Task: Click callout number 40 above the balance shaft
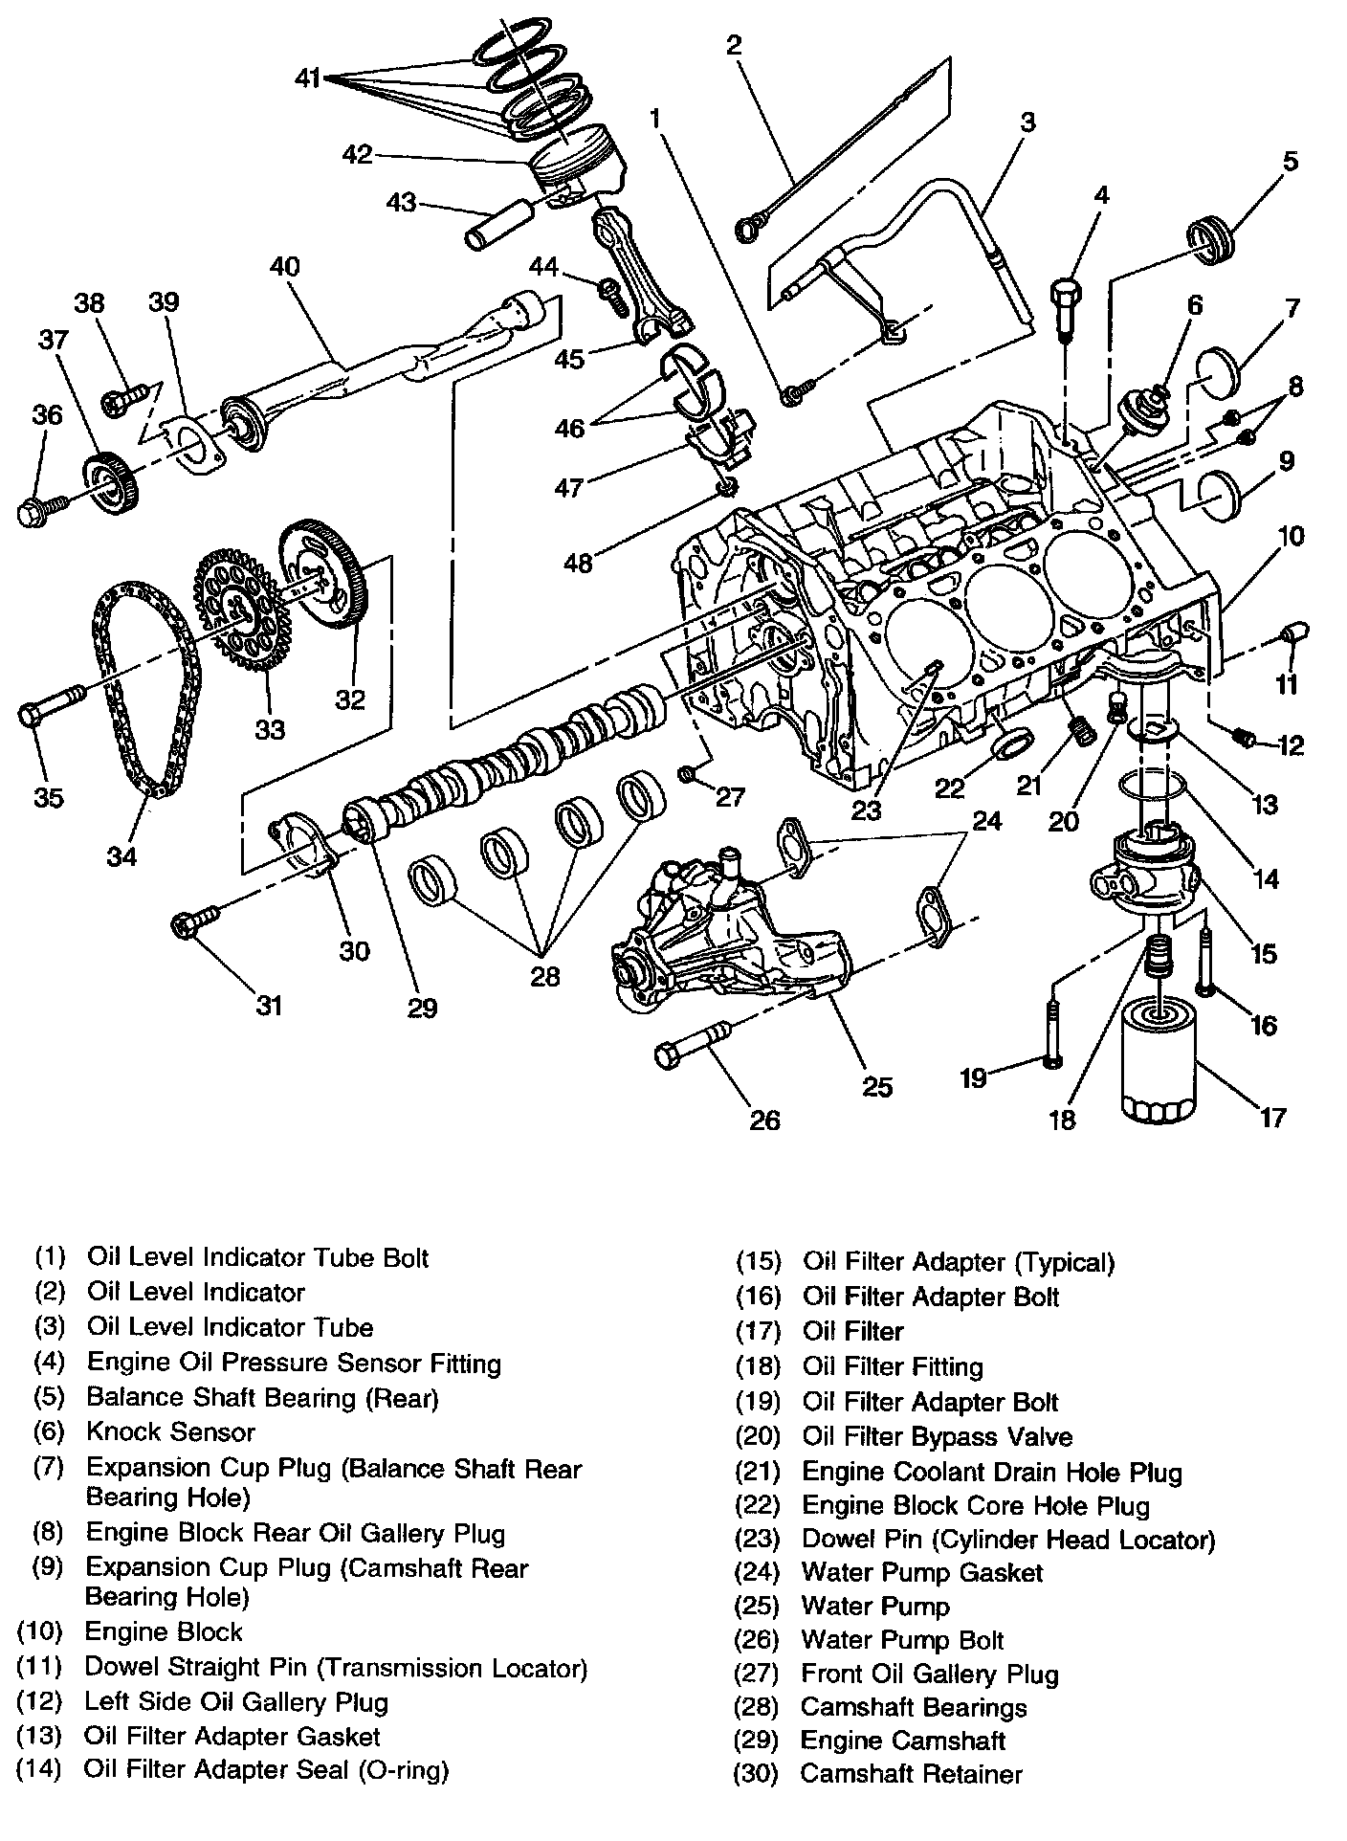pos(284,266)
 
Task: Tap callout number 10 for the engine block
pos(1291,535)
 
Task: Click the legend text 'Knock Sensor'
pos(170,1432)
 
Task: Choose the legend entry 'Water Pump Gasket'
pos(921,1572)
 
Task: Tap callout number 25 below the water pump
pos(877,1086)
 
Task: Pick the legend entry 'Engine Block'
pos(164,1631)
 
